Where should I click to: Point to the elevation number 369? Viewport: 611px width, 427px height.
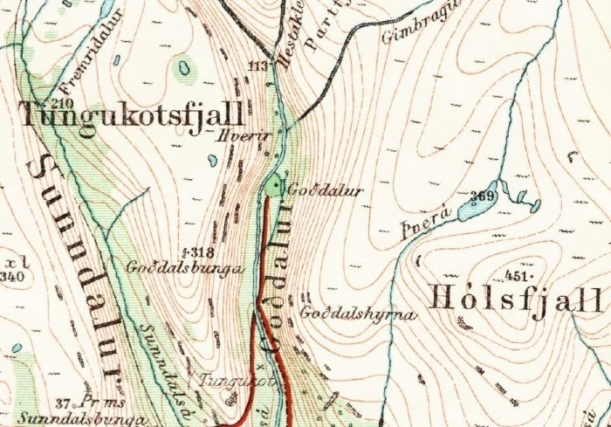[482, 196]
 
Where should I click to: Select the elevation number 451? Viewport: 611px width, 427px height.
[518, 276]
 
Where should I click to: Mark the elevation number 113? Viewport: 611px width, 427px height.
[256, 66]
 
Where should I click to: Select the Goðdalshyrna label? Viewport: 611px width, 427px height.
[354, 313]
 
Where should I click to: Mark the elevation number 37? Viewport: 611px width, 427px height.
[62, 403]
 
